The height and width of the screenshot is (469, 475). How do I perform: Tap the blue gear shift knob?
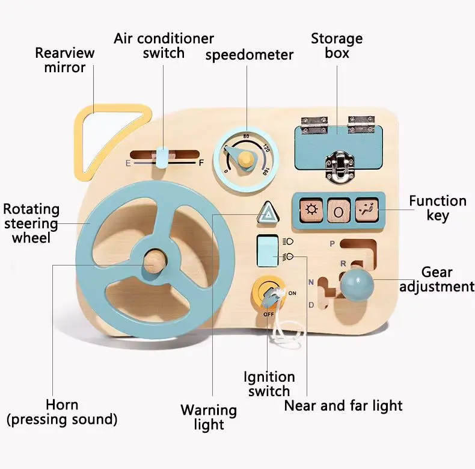coord(357,282)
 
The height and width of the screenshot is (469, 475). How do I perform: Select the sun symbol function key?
coord(311,211)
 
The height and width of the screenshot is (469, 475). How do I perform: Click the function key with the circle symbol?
coord(339,211)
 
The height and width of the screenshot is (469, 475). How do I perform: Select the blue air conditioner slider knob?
coord(162,157)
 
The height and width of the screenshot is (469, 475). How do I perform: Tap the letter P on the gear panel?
coord(332,243)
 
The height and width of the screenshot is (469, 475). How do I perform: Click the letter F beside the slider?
coord(201,163)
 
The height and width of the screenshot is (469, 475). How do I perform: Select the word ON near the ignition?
coord(292,293)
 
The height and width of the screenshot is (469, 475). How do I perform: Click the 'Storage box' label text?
coord(337,46)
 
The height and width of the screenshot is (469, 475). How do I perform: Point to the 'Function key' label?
coord(438,208)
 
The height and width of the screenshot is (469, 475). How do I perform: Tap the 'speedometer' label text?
coord(250,55)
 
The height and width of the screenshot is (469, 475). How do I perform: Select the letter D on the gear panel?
coord(311,305)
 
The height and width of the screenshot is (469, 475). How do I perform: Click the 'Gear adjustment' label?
coord(437,279)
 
